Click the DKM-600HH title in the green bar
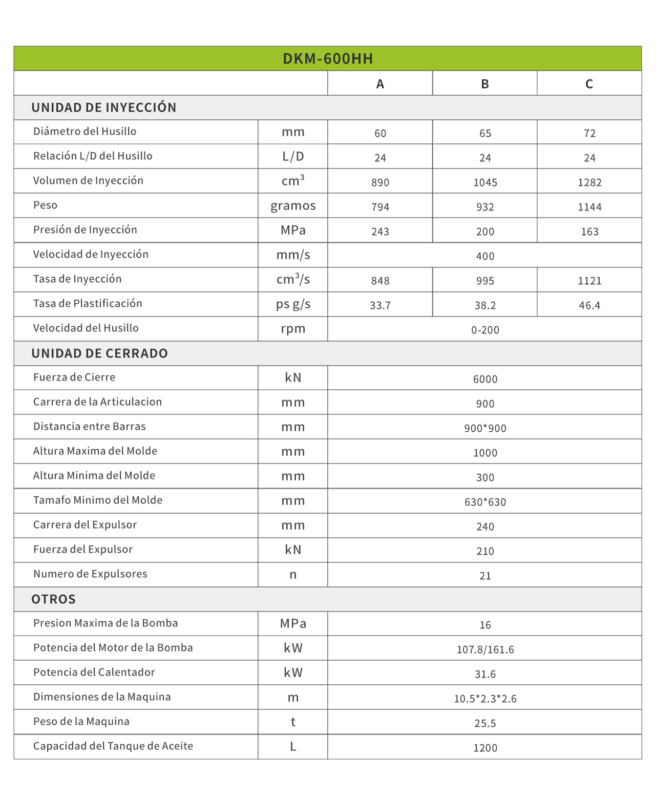328,59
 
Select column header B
485,84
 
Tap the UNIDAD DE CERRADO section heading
99,353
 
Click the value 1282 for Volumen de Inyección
589,182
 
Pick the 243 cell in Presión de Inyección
380,232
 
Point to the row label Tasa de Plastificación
88,304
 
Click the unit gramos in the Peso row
293,206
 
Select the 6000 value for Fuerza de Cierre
485,379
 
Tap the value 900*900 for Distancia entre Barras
485,428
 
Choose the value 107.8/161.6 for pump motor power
485,649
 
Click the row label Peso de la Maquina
81,722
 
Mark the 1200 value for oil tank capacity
485,748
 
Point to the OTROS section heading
53,599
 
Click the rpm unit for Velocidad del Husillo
293,329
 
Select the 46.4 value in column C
589,305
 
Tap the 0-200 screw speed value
485,330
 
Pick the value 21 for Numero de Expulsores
485,576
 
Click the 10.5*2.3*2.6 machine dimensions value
485,699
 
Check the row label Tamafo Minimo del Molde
98,500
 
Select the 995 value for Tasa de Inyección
485,281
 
